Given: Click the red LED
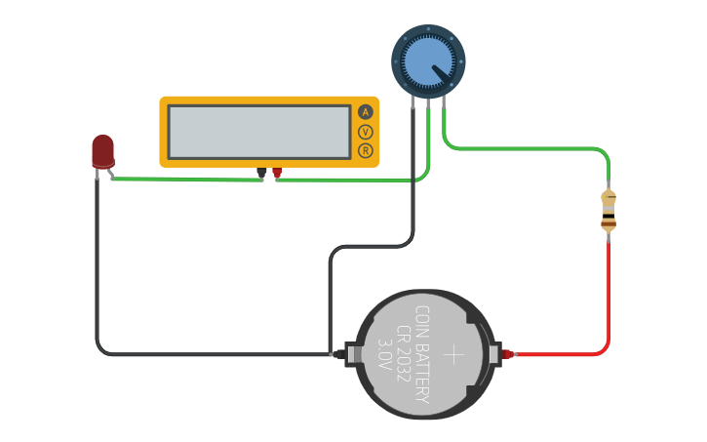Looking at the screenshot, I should tap(102, 151).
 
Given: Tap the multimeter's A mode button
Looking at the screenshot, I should tap(366, 112).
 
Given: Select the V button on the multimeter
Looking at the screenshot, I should tap(366, 132).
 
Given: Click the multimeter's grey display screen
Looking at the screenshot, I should tap(259, 132).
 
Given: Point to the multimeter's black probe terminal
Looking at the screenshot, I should tap(261, 173).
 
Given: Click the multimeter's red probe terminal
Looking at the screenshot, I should tap(277, 173).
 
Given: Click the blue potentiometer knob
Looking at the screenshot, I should tap(428, 60).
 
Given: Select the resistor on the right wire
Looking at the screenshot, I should tap(609, 212).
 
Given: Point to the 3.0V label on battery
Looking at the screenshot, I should tap(384, 354).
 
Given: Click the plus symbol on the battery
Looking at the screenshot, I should tap(454, 353).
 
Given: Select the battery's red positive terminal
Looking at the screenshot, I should tap(507, 354).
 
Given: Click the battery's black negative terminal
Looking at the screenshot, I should tap(339, 354).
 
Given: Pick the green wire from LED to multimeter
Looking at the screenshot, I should tap(185, 180).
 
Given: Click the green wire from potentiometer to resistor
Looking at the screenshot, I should tap(527, 149).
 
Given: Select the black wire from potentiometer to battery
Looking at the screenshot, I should tap(371, 246).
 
